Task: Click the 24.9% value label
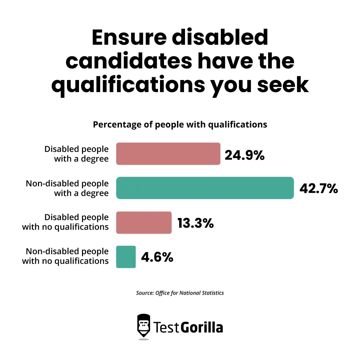click(244, 155)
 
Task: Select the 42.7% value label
click(319, 189)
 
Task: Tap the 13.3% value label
click(195, 223)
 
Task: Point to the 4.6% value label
click(157, 257)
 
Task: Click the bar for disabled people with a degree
click(168, 154)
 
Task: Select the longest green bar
click(205, 188)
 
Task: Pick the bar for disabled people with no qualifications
click(144, 223)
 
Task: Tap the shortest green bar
click(126, 257)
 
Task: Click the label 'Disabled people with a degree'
click(76, 154)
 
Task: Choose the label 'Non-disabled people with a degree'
click(67, 188)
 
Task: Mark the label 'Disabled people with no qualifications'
click(65, 222)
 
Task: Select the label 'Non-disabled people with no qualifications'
click(65, 256)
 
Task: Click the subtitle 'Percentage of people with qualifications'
click(180, 125)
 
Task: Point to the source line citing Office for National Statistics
click(180, 293)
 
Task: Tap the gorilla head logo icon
click(144, 326)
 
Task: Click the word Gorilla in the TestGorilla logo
click(202, 327)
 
